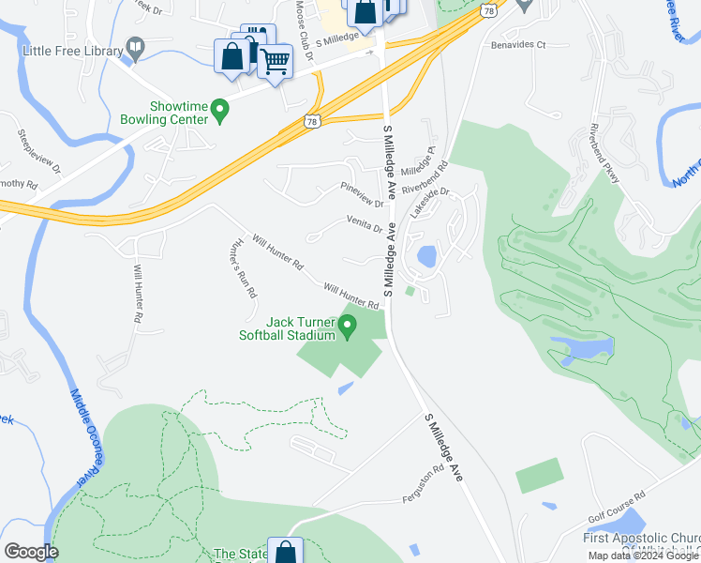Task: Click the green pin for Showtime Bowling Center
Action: pos(220,112)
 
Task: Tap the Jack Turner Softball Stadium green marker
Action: pos(348,327)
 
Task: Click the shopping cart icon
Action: pos(274,62)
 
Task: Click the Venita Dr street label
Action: pos(365,227)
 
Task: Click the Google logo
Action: pos(31,552)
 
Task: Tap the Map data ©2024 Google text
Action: pos(642,555)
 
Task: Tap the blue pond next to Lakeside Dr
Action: pos(426,255)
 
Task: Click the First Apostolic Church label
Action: pos(642,538)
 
